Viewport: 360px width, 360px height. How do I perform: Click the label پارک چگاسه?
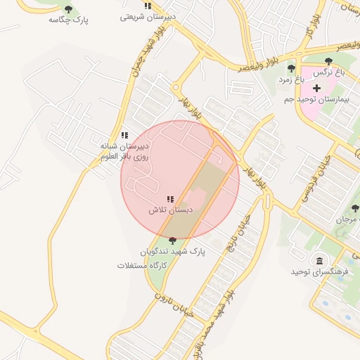pyautogui.click(x=68, y=20)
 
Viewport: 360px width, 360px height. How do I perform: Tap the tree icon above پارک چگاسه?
pyautogui.click(x=68, y=9)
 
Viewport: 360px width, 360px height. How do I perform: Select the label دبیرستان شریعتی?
pyautogui.click(x=147, y=16)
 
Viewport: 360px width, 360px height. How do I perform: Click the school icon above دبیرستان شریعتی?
pyautogui.click(x=148, y=6)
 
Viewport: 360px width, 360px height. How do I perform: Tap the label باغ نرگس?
pyautogui.click(x=329, y=72)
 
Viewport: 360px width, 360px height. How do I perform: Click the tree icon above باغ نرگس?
pyautogui.click(x=329, y=61)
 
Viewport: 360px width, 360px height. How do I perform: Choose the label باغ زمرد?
pyautogui.click(x=290, y=79)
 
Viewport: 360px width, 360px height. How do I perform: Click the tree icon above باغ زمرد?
pyautogui.click(x=291, y=68)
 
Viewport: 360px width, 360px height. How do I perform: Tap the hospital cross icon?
pyautogui.click(x=317, y=89)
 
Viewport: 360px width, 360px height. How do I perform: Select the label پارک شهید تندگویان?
pyautogui.click(x=172, y=251)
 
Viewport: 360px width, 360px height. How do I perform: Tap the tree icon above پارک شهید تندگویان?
pyautogui.click(x=173, y=240)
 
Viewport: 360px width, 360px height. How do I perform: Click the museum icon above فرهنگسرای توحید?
pyautogui.click(x=321, y=261)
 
